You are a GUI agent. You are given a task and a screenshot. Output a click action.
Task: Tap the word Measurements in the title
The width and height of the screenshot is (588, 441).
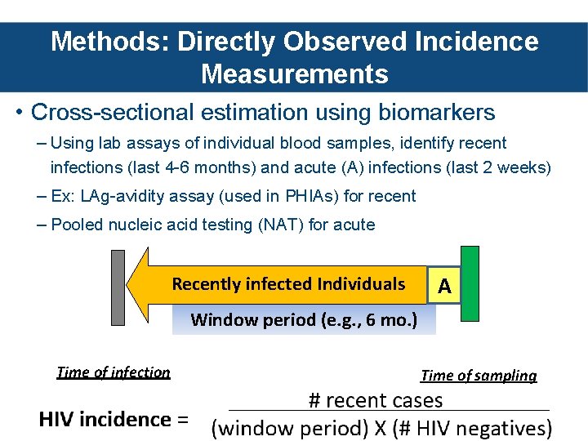point(294,74)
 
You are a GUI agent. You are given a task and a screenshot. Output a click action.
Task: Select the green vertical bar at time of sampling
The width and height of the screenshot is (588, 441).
point(470,285)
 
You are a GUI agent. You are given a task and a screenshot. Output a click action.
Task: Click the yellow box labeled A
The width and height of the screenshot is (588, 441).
point(444,285)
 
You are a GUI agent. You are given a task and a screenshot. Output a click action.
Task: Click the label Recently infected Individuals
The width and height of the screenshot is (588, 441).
point(288,284)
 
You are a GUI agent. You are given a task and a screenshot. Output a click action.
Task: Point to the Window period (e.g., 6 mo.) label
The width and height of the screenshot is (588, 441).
point(304,319)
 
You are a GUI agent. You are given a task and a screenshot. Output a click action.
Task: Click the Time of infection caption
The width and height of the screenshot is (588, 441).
point(114,372)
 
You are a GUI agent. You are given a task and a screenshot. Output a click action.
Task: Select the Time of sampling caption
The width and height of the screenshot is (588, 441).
point(479,376)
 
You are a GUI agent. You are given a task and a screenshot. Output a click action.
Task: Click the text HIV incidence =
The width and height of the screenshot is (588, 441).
point(114,420)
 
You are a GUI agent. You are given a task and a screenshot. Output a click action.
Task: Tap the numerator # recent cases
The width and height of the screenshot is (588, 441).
point(375,400)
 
